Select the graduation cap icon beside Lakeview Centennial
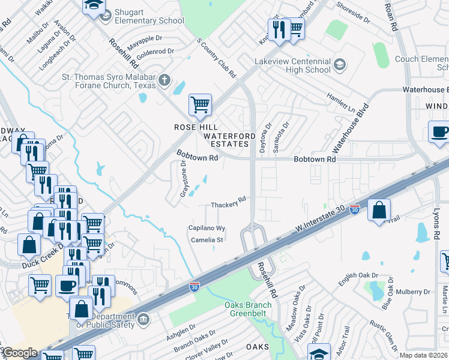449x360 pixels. pyautogui.click(x=339, y=65)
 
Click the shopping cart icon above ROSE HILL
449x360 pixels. pyautogui.click(x=200, y=105)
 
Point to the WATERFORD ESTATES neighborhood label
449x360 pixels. pyautogui.click(x=226, y=140)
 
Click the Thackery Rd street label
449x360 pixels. pyautogui.click(x=229, y=205)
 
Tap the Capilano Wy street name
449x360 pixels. pyautogui.click(x=206, y=229)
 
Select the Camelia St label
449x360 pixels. pyautogui.click(x=206, y=240)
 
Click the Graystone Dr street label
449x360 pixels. pyautogui.click(x=184, y=179)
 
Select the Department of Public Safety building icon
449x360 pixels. pyautogui.click(x=143, y=319)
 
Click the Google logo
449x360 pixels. pyautogui.click(x=20, y=353)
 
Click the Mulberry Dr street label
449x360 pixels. pyautogui.click(x=411, y=292)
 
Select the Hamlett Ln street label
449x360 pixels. pyautogui.click(x=342, y=99)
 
